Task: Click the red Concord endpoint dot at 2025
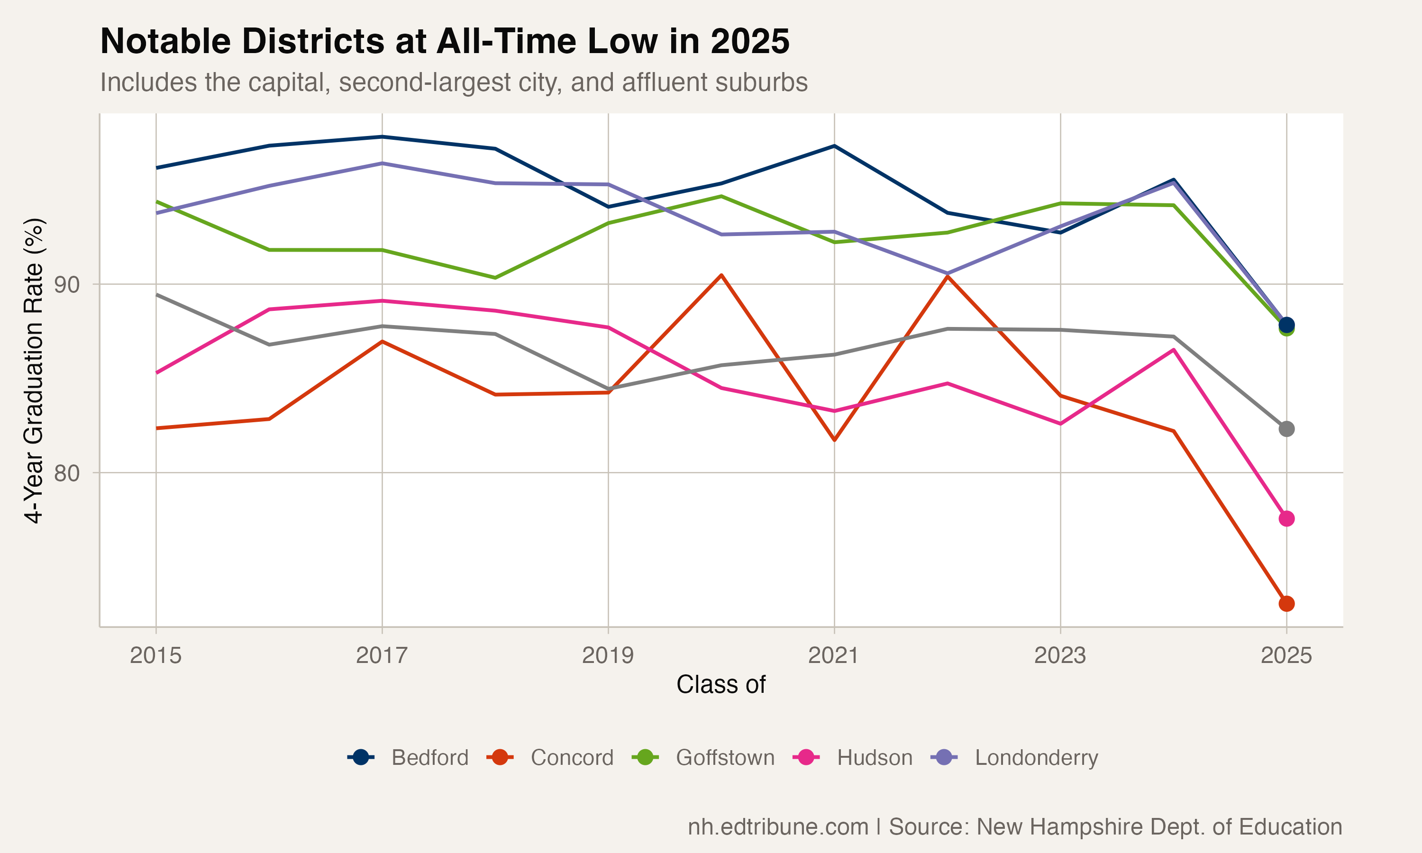[x=1286, y=604]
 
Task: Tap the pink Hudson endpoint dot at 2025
[x=1286, y=518]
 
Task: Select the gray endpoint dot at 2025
[x=1286, y=429]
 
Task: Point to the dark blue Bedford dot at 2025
[x=1286, y=325]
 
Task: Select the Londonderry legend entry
[x=1014, y=758]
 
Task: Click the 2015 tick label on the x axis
[x=156, y=655]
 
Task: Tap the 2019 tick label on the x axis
[x=608, y=655]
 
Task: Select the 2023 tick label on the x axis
[x=1060, y=655]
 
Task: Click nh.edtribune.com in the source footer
[x=778, y=827]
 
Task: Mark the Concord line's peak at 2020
[x=721, y=275]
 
